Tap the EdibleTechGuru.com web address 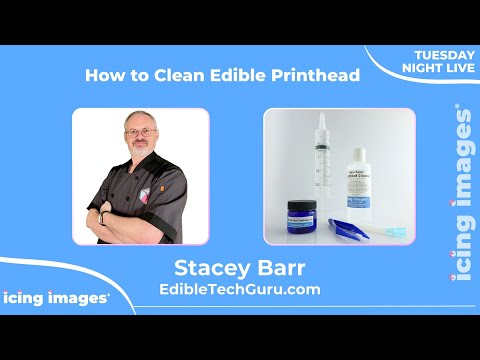(x=240, y=289)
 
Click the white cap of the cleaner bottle (x=357, y=153)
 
